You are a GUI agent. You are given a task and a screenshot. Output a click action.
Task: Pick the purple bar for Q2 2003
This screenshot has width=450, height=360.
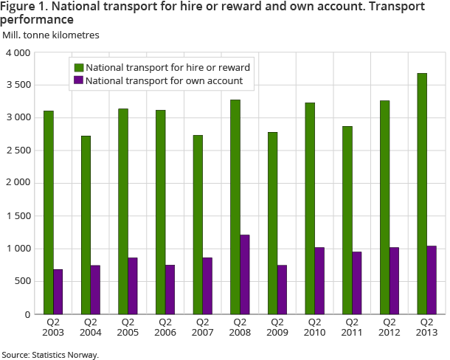pos(58,291)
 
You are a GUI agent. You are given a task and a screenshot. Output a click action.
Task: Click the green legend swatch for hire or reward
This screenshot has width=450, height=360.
pos(77,67)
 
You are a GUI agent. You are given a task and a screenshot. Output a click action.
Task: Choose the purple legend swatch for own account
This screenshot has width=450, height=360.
pos(77,80)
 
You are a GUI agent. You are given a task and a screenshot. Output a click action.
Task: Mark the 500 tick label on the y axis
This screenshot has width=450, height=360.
pos(21,281)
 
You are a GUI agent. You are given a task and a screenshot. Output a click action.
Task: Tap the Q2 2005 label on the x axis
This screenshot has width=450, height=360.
pos(128,327)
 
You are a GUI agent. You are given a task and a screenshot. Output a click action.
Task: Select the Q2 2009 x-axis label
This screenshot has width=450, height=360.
pos(277,327)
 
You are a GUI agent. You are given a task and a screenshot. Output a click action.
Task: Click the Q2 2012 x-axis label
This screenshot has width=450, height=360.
pos(389,327)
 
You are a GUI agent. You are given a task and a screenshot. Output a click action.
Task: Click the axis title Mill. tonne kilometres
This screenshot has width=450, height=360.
pos(51,35)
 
